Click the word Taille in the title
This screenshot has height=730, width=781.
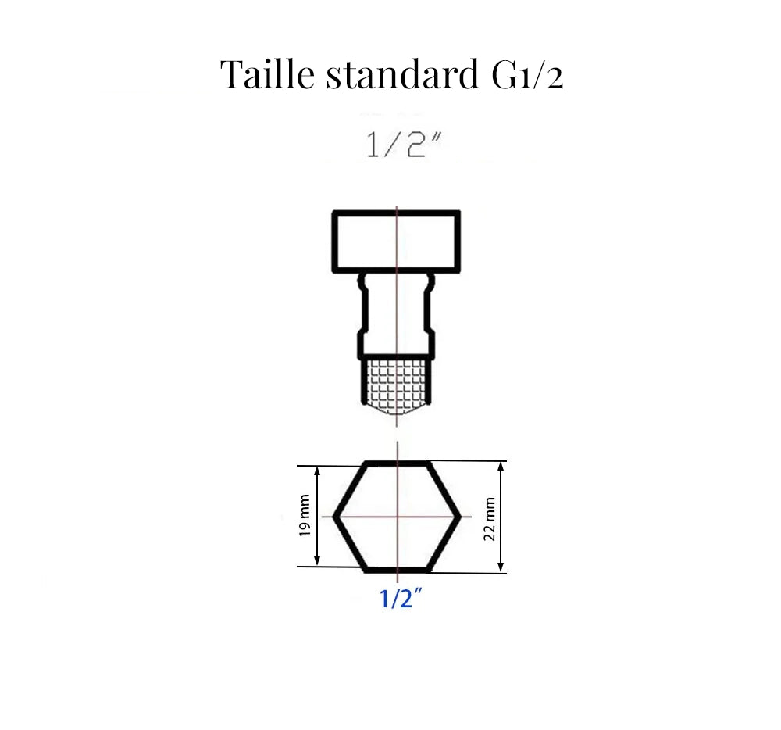point(267,75)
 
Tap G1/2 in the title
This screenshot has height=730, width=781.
point(522,76)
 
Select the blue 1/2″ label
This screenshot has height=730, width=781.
point(401,599)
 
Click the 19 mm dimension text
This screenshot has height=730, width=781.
point(305,516)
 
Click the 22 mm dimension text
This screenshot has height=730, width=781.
point(490,518)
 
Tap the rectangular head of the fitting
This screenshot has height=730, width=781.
point(396,241)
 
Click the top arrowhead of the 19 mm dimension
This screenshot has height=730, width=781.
point(317,471)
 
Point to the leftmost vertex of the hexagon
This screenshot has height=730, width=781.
point(335,516)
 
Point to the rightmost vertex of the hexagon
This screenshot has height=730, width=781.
point(460,516)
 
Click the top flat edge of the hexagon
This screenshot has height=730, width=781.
point(398,463)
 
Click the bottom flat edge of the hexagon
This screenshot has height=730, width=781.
point(398,569)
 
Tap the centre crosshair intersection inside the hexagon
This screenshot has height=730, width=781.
point(398,516)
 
